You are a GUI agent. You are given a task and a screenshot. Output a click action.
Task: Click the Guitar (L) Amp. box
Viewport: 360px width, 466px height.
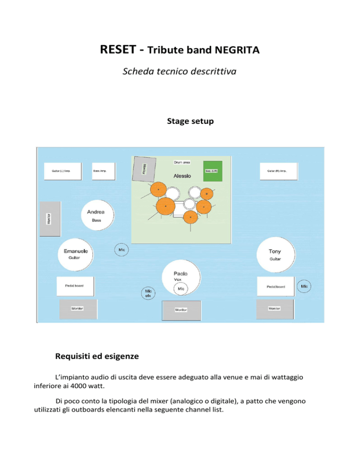pyautogui.click(x=63, y=171)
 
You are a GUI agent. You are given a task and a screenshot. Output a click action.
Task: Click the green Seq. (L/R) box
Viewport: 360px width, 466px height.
pyautogui.click(x=211, y=172)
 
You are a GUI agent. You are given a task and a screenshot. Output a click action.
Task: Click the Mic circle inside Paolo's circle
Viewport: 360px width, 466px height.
pyautogui.click(x=181, y=289)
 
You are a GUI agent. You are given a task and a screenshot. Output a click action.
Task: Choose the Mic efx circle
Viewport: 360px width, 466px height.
pyautogui.click(x=148, y=293)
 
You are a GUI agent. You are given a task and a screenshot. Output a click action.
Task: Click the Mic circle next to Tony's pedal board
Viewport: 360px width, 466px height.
pyautogui.click(x=305, y=286)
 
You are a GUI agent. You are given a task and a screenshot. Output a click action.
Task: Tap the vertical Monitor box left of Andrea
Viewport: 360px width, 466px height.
pyautogui.click(x=50, y=219)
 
